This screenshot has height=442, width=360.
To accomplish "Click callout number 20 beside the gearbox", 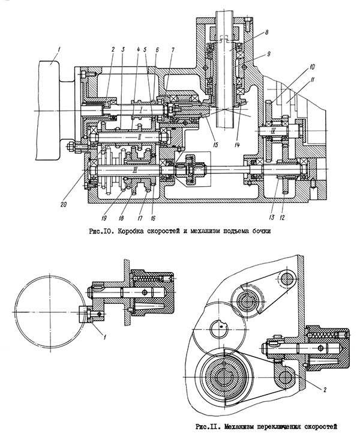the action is tap(64, 205).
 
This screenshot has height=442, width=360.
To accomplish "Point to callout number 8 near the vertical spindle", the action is tap(266, 32).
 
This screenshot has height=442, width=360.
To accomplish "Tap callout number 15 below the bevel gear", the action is tap(215, 145).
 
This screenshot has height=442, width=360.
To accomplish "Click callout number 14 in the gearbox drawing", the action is tap(236, 145).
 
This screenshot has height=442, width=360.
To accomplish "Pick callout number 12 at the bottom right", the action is tap(282, 217).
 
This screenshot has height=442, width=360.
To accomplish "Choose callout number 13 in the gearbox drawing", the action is tap(272, 217).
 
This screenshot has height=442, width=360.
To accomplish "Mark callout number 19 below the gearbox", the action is tap(104, 217).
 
